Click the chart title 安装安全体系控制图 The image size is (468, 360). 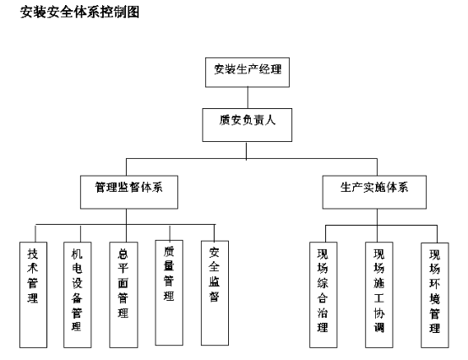point(79,12)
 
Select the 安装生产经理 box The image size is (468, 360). point(248,72)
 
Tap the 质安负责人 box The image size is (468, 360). point(248,125)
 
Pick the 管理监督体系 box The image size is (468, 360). point(129,192)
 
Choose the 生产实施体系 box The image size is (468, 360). point(374,192)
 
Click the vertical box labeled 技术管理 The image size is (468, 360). point(34,295)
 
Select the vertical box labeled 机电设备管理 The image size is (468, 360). point(78,295)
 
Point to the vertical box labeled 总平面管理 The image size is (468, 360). point(123,295)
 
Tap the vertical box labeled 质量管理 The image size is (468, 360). point(169,292)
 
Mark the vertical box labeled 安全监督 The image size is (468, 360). point(215,293)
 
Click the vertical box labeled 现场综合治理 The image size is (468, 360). point(324,295)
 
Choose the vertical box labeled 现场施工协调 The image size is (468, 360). point(379,295)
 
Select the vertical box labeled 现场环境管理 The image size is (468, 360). point(435,295)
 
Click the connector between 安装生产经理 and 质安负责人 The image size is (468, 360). point(248,98)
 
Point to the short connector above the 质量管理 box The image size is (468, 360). point(170,233)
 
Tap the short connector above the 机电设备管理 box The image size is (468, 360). point(80,233)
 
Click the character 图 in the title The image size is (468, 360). point(133,12)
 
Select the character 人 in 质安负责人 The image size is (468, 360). point(270,120)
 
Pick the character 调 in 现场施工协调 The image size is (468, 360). point(379,327)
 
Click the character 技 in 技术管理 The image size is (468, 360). point(33,254)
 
